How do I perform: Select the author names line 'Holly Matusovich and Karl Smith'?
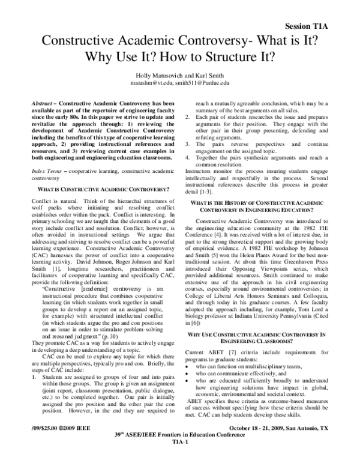(180, 75)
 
